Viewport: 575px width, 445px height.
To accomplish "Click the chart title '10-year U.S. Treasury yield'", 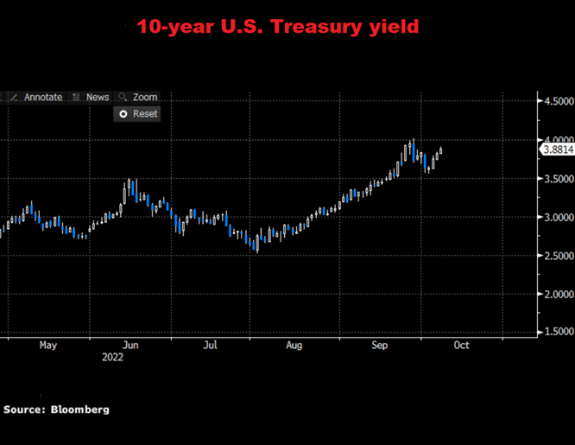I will point(278,26).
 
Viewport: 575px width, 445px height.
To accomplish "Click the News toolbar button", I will point(91,98).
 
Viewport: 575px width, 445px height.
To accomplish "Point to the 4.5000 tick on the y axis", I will point(556,102).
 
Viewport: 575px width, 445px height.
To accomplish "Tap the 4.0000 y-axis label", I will point(556,140).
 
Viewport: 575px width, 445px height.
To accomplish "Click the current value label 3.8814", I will point(557,150).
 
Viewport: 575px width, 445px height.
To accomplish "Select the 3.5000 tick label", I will point(556,179).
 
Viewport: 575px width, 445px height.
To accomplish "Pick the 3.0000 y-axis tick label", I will point(556,217).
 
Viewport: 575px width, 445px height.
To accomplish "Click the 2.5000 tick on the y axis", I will point(556,256).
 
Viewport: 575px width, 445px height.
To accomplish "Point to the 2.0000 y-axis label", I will point(556,294).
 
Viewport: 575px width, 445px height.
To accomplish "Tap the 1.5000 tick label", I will point(556,332).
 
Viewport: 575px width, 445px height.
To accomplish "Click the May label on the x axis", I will point(48,346).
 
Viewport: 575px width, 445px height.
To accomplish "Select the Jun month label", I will point(131,346).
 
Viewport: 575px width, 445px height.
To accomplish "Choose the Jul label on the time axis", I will point(210,346).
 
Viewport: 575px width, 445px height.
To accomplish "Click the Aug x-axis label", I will point(294,346).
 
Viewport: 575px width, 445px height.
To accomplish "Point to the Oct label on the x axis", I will point(461,346).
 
